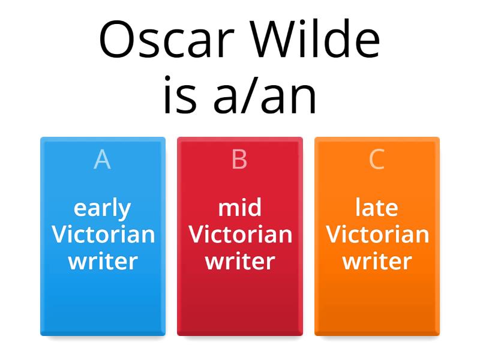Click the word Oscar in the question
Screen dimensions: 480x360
(167, 39)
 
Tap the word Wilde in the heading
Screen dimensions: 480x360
(316, 38)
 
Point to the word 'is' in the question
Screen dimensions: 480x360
(180, 95)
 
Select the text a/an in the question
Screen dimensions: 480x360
(265, 95)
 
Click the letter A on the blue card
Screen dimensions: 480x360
(102, 159)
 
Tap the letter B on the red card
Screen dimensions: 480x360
(239, 159)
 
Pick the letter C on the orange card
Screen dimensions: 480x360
(377, 159)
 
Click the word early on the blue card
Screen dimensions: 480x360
(102, 209)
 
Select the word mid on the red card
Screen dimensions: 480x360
(239, 207)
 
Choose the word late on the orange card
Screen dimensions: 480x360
(377, 207)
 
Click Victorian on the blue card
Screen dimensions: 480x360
(103, 234)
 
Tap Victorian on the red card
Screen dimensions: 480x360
(241, 234)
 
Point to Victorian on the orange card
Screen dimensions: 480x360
(377, 234)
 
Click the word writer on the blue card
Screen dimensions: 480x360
(103, 261)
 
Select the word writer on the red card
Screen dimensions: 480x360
(240, 261)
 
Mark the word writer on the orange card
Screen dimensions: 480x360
(377, 261)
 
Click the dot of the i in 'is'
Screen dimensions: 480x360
(167, 78)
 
